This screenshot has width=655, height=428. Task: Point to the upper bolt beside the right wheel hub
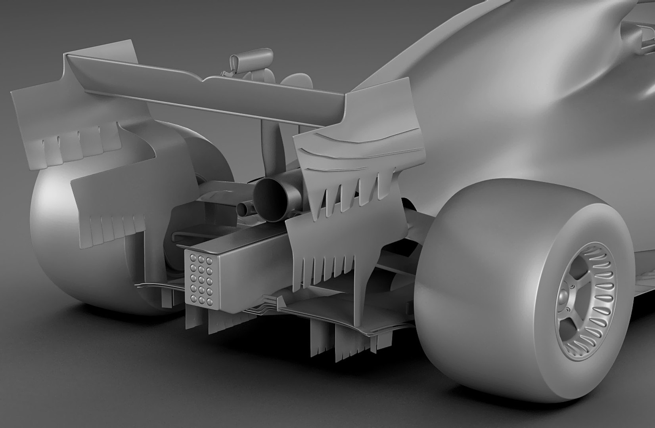coord(573,287)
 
